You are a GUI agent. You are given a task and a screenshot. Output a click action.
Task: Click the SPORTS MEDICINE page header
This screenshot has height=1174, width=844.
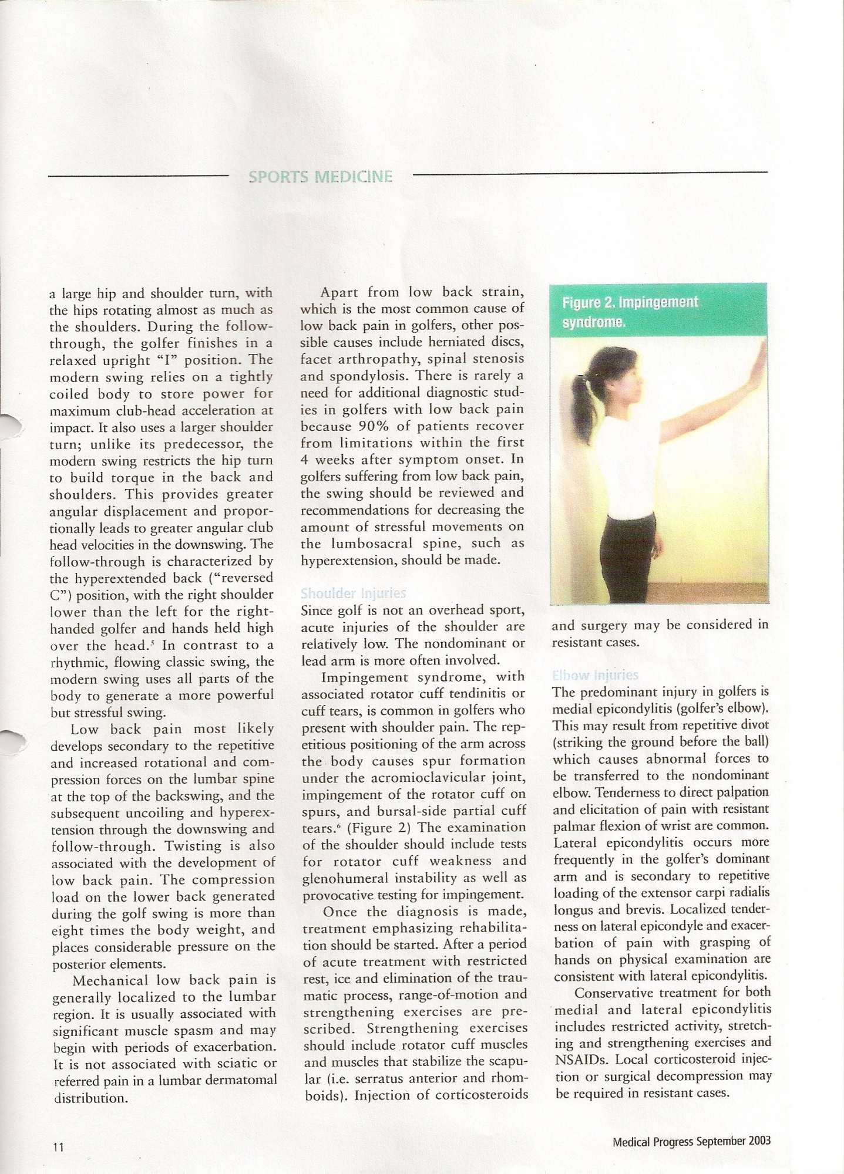click(x=320, y=176)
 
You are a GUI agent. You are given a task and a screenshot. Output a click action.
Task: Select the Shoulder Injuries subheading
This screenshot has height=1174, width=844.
click(x=353, y=593)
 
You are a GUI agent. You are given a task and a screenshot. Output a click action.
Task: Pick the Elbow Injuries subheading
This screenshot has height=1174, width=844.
click(x=595, y=675)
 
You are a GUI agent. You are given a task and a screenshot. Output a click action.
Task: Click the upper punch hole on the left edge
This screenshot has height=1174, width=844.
click(x=11, y=426)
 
